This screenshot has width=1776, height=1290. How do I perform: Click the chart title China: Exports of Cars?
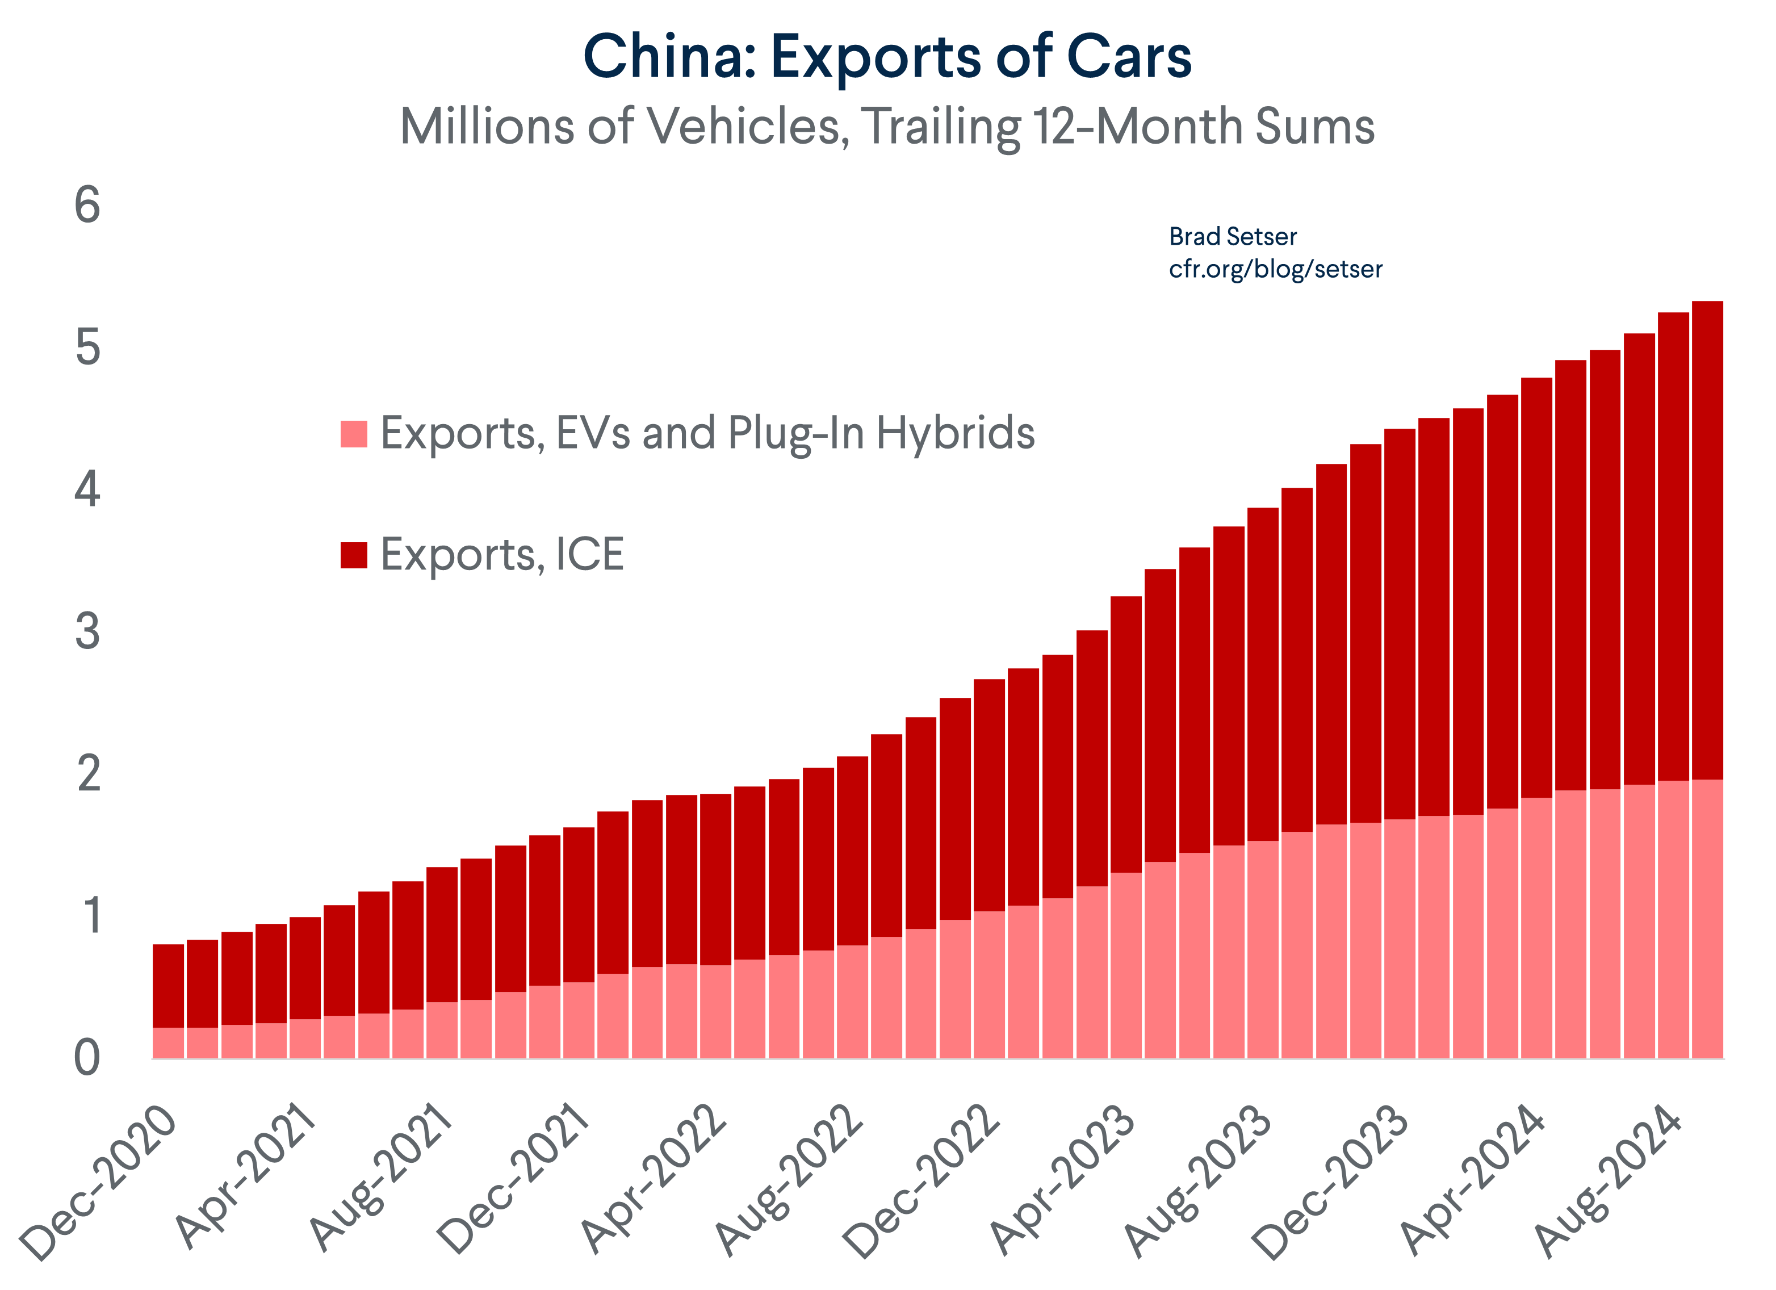(x=887, y=56)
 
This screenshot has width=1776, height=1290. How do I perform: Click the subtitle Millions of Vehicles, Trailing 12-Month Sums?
(x=887, y=125)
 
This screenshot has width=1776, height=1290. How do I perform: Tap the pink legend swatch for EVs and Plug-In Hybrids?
(x=354, y=434)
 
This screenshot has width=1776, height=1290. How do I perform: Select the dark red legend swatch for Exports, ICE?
(x=354, y=555)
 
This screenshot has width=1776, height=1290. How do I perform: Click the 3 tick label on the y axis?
(x=87, y=631)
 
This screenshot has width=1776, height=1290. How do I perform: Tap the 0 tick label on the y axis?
(x=87, y=1057)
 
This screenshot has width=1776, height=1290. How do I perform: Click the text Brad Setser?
(x=1233, y=237)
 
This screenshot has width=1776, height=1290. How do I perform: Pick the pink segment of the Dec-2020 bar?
(x=169, y=1042)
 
